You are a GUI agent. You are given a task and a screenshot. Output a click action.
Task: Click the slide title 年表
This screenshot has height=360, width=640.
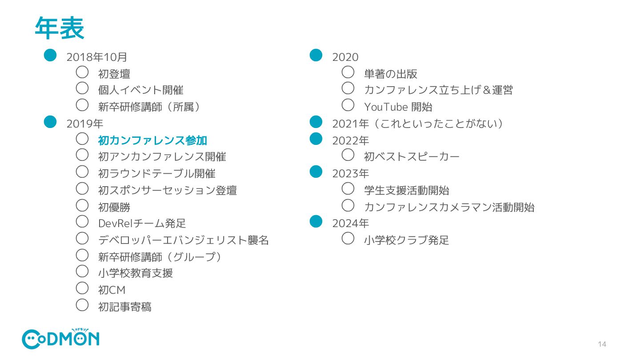[60, 28]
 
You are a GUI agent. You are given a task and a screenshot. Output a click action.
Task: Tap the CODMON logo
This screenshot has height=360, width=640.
[60, 339]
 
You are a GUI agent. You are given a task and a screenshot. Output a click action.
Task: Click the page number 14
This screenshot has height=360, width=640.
[602, 344]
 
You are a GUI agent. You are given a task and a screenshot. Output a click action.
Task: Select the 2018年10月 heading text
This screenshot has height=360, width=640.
[97, 57]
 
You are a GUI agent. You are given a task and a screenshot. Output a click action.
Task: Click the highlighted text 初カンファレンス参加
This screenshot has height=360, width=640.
[152, 140]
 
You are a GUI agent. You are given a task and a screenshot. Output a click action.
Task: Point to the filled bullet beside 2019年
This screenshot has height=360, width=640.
[50, 121]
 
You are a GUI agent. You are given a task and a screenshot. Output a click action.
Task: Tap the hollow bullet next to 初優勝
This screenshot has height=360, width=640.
[82, 205]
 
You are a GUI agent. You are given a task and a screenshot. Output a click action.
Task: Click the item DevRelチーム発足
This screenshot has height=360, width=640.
[142, 224]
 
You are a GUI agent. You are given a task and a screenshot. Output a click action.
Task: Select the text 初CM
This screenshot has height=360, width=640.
[112, 290]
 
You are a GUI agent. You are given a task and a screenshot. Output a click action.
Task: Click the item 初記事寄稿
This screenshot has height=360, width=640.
[124, 307]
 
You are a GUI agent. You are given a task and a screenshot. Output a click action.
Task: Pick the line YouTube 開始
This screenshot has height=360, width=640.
[398, 107]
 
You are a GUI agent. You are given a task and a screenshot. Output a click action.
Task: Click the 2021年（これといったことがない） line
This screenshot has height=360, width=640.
[418, 124]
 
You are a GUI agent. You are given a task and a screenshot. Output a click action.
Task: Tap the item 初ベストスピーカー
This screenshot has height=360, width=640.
[412, 157]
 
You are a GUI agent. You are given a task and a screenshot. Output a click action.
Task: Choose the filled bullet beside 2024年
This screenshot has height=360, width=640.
[316, 221]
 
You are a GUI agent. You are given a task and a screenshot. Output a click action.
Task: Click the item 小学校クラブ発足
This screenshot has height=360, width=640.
[406, 240]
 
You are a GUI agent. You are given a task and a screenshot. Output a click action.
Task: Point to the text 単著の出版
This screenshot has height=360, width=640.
[391, 74]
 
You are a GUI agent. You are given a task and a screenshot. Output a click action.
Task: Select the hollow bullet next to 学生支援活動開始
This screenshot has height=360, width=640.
[348, 188]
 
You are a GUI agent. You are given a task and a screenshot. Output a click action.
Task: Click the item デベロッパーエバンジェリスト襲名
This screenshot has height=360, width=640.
[183, 240]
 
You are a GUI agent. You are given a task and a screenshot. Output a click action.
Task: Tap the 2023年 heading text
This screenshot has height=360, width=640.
[350, 173]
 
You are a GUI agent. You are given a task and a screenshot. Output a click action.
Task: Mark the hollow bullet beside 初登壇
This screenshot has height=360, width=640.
[82, 72]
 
